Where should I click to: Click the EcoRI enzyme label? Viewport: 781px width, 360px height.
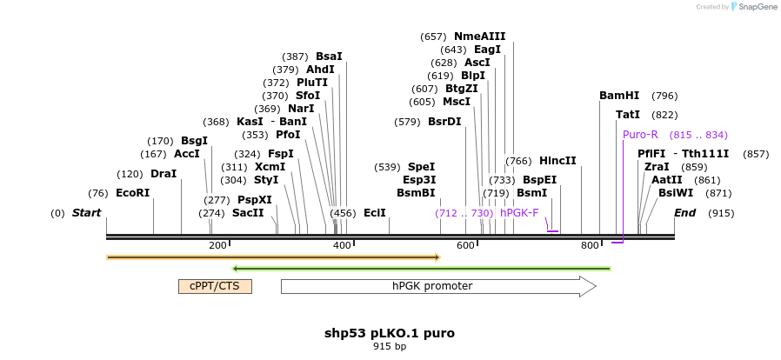point(132,193)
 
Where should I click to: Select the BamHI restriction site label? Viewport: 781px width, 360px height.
point(618,96)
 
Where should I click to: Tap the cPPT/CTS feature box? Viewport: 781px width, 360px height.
point(215,286)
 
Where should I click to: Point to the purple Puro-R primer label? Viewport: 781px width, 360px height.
point(640,135)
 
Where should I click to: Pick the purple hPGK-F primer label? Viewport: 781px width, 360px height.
point(519,213)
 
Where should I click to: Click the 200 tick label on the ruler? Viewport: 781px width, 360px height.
point(217,245)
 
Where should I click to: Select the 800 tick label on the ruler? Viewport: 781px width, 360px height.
point(590,245)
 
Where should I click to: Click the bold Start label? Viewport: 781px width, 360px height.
point(86,213)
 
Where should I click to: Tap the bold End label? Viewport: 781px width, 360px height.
point(684,213)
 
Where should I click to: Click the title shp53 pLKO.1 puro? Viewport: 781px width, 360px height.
point(390,333)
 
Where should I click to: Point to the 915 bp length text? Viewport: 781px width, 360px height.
point(390,346)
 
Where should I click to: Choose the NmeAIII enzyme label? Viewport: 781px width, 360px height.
point(479,37)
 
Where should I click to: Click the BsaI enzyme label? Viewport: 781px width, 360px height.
point(329,56)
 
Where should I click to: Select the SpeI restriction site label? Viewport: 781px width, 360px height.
point(421,167)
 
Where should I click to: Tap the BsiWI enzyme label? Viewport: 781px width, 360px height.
point(676,193)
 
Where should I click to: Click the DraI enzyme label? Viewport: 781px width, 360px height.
point(164,174)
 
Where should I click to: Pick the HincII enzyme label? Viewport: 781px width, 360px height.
point(557,161)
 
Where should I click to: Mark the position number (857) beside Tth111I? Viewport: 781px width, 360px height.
point(756,154)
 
